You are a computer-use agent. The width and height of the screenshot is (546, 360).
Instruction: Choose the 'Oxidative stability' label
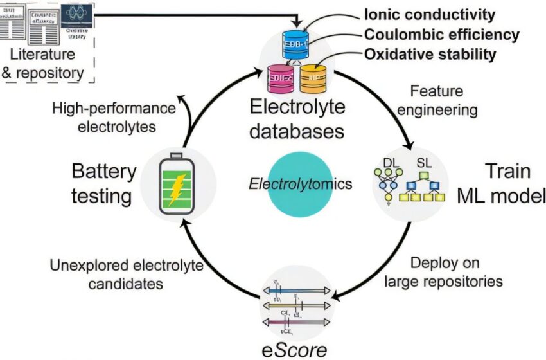click(x=430, y=55)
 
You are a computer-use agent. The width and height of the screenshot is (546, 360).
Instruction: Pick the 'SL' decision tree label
click(x=425, y=164)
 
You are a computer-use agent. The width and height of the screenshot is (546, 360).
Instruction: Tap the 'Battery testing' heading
click(x=103, y=183)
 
